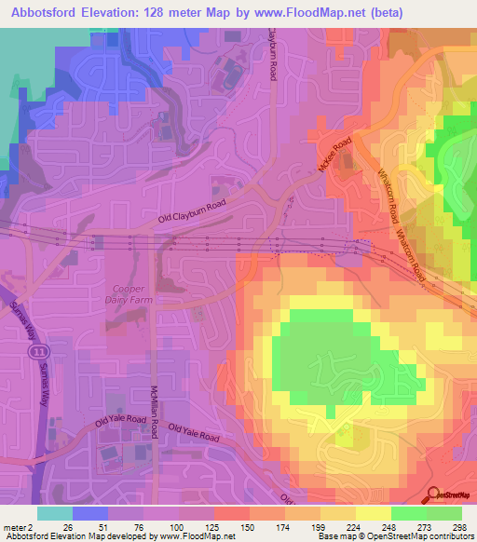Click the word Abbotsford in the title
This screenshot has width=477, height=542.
(x=44, y=11)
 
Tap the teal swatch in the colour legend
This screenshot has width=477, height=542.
(x=55, y=513)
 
